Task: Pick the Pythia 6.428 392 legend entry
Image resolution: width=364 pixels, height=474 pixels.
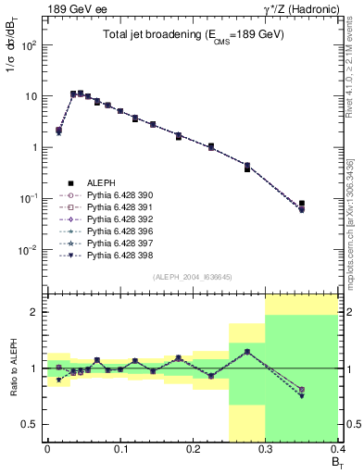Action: tap(116, 218)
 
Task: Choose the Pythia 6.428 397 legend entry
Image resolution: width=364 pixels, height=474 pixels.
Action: tap(116, 242)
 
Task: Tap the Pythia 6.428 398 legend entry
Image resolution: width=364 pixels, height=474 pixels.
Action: tap(116, 254)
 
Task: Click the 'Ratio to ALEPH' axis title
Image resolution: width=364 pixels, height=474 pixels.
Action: tap(13, 369)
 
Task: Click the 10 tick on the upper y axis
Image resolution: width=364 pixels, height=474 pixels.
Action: tap(32, 96)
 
